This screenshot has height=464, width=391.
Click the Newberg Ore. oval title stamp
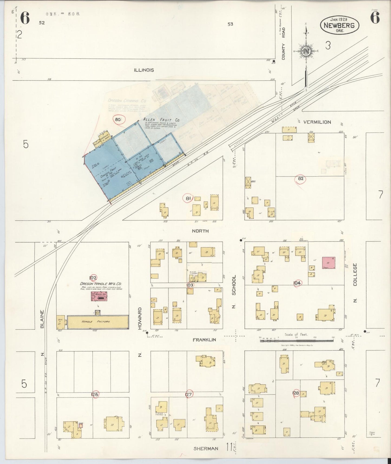click(340, 25)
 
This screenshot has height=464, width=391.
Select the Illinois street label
click(144, 70)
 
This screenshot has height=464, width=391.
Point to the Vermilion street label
click(317, 122)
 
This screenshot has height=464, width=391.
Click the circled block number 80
click(118, 119)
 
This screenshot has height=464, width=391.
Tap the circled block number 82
click(301, 179)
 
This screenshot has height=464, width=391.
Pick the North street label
click(200, 231)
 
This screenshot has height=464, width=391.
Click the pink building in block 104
click(328, 263)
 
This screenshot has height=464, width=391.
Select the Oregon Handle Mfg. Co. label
click(101, 284)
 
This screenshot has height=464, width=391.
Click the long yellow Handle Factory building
click(98, 322)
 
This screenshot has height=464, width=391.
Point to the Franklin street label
click(204, 339)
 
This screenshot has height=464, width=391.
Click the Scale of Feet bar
click(297, 341)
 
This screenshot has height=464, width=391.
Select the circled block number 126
click(95, 394)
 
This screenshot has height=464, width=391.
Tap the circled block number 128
click(296, 393)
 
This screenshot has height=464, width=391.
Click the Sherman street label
click(206, 448)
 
